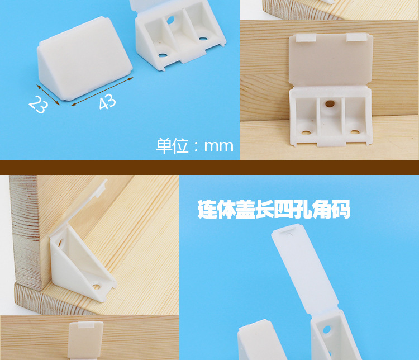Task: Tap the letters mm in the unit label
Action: click(218, 146)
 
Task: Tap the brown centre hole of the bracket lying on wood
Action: click(331, 104)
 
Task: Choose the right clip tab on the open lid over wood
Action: click(358, 37)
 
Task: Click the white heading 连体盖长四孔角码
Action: click(274, 210)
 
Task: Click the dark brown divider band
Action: click(209, 167)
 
